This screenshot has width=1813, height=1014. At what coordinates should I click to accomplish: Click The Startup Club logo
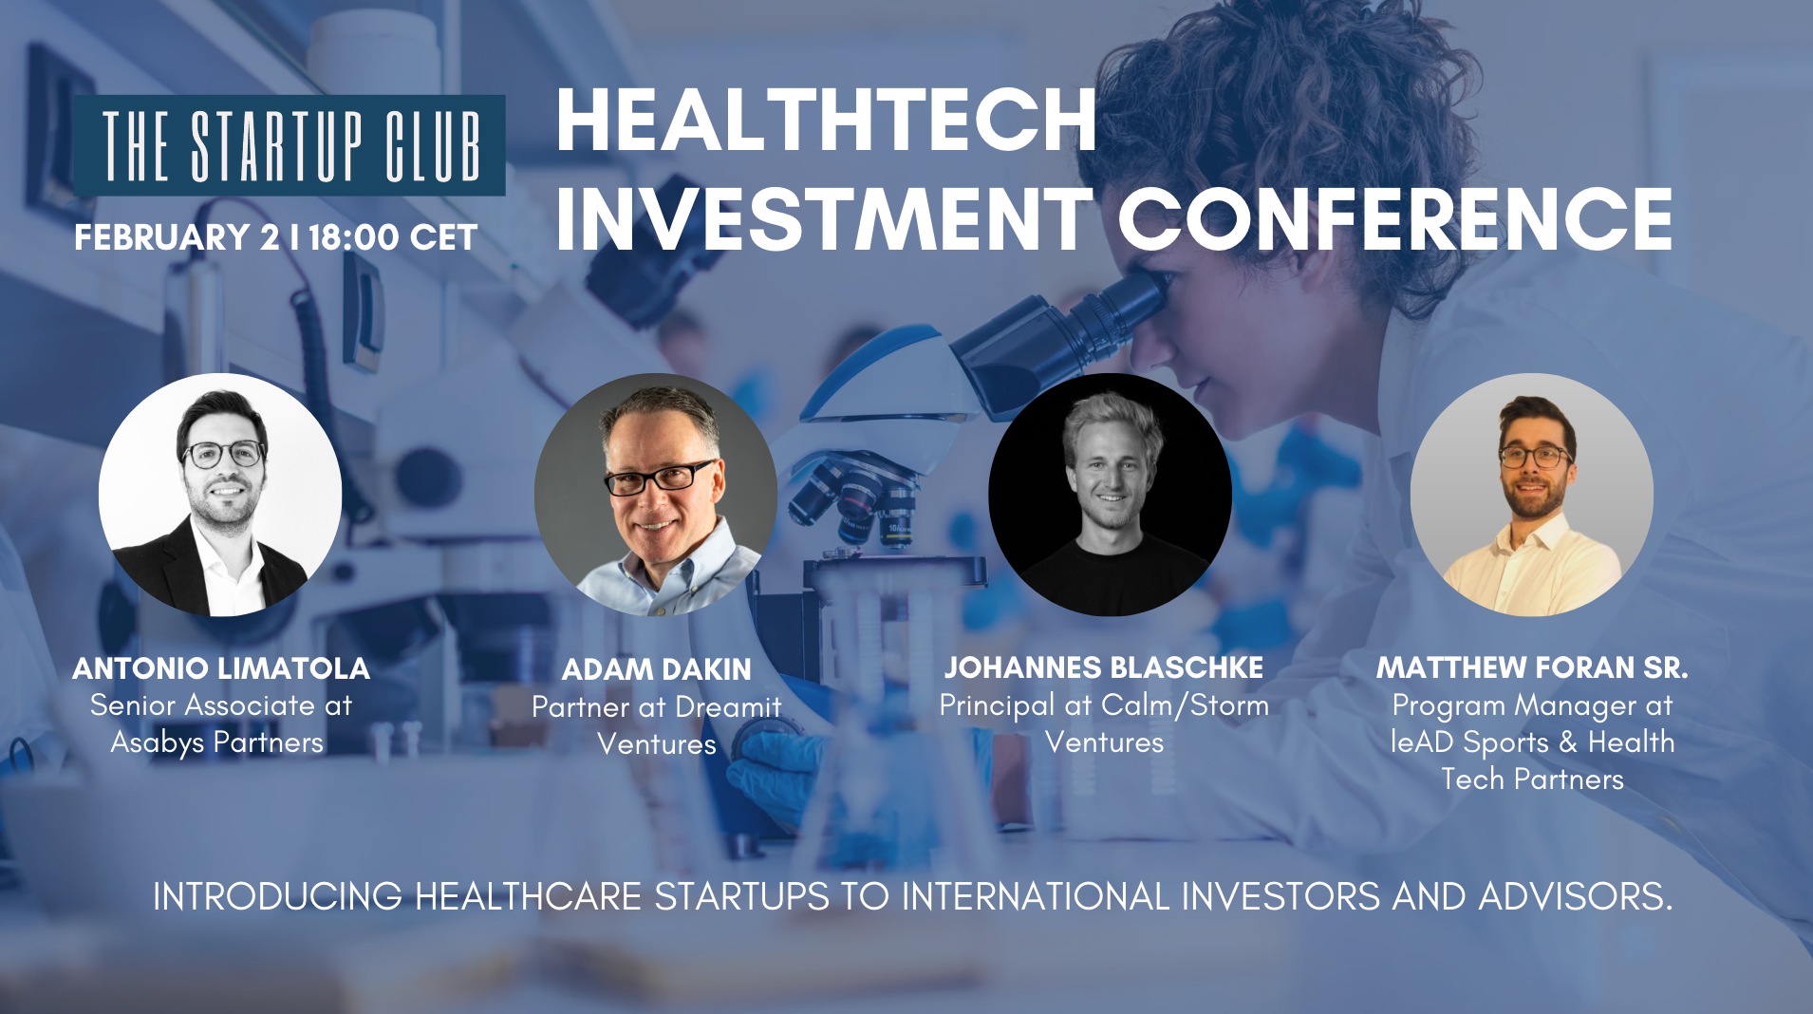click(x=290, y=145)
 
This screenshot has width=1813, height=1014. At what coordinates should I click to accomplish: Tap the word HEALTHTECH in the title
click(x=826, y=121)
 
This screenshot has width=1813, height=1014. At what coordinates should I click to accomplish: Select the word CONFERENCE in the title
click(x=1394, y=219)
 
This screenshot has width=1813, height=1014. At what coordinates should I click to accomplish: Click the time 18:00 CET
click(x=393, y=237)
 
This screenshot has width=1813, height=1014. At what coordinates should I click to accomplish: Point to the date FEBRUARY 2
click(x=177, y=237)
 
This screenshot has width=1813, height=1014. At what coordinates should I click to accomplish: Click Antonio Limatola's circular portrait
click(x=220, y=495)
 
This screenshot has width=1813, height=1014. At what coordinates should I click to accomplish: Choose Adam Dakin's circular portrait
click(x=656, y=495)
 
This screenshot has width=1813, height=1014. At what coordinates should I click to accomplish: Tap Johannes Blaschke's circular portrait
click(x=1110, y=495)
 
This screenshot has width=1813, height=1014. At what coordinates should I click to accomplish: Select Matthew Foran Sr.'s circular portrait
click(x=1531, y=495)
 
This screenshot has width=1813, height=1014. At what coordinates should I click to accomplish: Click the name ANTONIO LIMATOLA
click(x=221, y=668)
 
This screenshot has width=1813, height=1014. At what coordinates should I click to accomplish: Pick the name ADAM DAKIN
click(x=656, y=669)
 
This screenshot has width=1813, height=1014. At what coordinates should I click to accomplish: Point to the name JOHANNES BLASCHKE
click(x=1103, y=667)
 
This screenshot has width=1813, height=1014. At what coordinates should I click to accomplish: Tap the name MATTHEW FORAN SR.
click(x=1532, y=667)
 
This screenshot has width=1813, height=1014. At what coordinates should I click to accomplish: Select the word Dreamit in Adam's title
click(x=728, y=707)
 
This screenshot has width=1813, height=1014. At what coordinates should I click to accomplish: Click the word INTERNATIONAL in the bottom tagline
click(x=1036, y=896)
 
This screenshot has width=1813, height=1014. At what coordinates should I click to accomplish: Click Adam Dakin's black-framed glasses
click(x=660, y=478)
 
